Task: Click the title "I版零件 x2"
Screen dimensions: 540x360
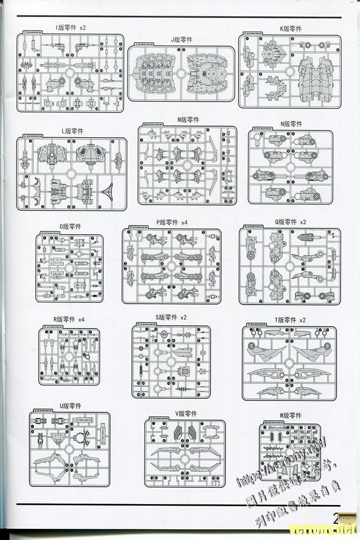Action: tap(71, 27)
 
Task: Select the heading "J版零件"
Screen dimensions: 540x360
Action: tap(181, 40)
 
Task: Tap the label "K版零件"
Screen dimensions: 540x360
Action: tap(290, 28)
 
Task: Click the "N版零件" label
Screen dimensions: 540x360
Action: tap(291, 124)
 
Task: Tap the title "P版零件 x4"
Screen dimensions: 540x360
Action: tap(172, 222)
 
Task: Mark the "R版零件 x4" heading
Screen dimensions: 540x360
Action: tap(69, 319)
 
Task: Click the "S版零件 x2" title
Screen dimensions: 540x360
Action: tap(171, 317)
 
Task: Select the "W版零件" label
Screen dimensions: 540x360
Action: tap(290, 415)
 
